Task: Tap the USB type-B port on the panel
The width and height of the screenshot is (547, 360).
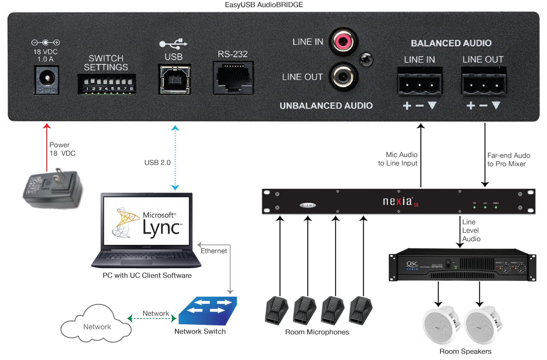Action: tap(174, 80)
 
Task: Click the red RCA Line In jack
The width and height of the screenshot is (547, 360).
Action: tap(343, 41)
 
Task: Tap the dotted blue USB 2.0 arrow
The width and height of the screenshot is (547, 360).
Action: tap(175, 158)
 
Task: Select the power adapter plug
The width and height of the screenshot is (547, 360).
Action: tap(53, 188)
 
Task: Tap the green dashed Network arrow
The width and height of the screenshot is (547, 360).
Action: tap(152, 318)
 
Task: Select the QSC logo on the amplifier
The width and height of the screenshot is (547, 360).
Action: tap(412, 265)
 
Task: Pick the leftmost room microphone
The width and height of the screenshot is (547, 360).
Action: tap(276, 310)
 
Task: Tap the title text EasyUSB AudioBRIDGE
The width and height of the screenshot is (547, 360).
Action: tap(264, 5)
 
